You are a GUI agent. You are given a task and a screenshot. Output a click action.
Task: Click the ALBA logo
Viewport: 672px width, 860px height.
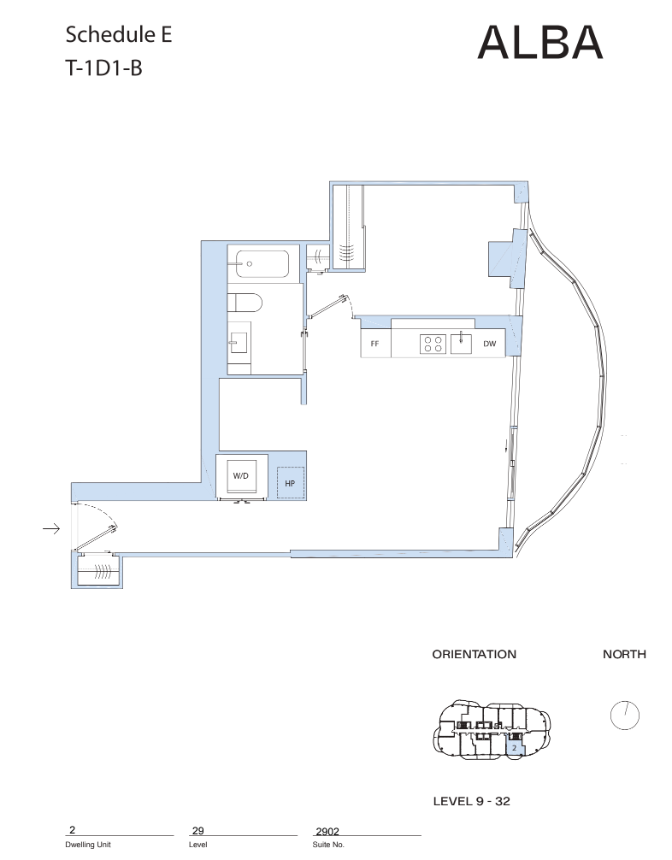[540, 42]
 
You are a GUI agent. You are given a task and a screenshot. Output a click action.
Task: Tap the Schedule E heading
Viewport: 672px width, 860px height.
[119, 34]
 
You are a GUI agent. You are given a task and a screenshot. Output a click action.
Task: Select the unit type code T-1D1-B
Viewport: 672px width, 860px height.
[103, 68]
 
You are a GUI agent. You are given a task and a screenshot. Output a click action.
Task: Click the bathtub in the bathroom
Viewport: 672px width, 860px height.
[262, 264]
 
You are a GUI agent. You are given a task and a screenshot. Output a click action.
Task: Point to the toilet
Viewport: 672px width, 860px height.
[245, 303]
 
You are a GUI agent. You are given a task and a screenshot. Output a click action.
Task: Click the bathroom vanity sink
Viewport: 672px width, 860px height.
[239, 344]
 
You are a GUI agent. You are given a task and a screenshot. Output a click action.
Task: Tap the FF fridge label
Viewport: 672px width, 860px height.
[374, 344]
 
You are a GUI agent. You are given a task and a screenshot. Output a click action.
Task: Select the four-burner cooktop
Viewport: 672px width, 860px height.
[433, 344]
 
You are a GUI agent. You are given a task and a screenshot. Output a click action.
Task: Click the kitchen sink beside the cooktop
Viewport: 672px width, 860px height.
[461, 344]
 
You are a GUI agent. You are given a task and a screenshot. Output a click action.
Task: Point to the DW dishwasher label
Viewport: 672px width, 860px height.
[489, 344]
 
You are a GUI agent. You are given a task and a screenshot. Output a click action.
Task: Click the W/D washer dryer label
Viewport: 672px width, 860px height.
[241, 475]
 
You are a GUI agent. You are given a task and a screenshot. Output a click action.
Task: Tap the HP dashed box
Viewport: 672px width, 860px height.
[290, 483]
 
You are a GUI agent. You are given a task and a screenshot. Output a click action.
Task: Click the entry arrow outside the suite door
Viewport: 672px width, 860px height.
[51, 528]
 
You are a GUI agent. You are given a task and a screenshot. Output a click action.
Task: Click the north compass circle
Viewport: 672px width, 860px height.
[625, 716]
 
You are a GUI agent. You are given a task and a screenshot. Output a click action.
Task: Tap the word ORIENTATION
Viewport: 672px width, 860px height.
[474, 654]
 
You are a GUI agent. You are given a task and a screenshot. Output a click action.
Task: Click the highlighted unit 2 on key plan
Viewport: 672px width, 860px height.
[514, 747]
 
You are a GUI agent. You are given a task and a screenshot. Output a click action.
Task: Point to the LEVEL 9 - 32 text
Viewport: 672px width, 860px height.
[472, 801]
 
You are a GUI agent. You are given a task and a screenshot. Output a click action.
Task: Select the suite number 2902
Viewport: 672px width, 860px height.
[327, 832]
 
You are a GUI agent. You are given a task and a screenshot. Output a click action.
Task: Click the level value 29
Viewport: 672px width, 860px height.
[198, 831]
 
